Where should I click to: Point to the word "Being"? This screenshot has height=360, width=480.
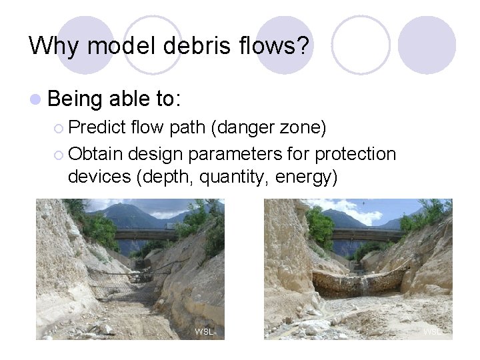coord(74,99)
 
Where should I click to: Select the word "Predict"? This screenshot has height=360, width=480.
coord(97,127)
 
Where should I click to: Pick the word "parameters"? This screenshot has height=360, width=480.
coord(245,154)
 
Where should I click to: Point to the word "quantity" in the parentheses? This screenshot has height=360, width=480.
coord(234,177)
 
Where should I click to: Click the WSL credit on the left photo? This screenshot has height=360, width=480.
coord(203,331)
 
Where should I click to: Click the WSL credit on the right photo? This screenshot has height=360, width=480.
coord(432,331)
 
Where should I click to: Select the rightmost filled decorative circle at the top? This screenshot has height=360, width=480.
coord(427,45)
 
